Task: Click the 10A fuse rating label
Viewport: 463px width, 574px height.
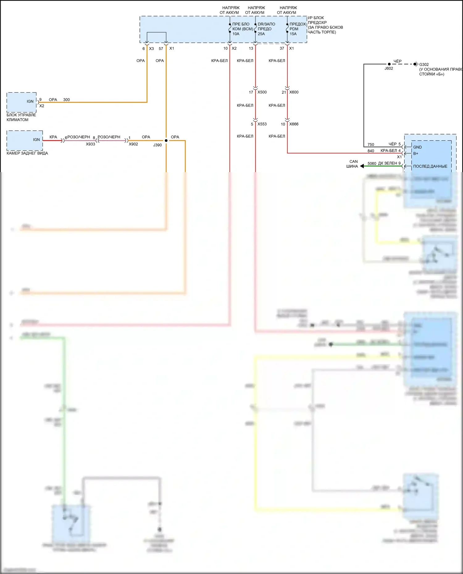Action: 236,34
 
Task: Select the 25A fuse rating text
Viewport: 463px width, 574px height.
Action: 261,34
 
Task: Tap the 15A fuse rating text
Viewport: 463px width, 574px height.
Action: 293,34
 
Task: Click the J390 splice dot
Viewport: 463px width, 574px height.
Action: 166,141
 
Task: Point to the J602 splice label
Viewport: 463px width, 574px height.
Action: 389,68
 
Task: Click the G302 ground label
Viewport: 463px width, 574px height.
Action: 424,64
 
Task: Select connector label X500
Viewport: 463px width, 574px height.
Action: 262,92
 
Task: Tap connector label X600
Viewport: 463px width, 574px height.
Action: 294,92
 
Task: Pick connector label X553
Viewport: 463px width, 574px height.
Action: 262,124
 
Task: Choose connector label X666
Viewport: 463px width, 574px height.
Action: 294,124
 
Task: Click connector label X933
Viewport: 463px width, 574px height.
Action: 90,144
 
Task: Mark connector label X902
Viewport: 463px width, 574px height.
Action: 133,144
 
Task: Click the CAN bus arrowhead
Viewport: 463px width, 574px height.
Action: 362,166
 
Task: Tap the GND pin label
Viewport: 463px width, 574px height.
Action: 417,147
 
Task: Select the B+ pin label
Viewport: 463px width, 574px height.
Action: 416,153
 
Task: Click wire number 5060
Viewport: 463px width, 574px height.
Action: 372,163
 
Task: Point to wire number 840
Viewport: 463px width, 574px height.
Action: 371,151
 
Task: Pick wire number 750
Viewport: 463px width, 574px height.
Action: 371,145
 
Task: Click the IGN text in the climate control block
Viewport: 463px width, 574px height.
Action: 30,101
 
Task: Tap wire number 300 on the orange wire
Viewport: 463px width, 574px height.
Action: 66,100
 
